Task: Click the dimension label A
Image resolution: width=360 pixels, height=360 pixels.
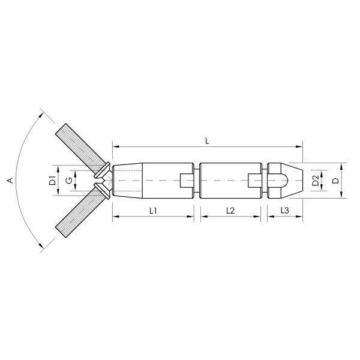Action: point(8,179)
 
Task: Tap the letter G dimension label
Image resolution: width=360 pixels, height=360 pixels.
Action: point(70,180)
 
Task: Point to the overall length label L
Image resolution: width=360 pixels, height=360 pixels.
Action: point(207,140)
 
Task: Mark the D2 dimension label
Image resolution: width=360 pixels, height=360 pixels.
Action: point(316,179)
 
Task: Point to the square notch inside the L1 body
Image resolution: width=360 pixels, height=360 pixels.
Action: point(187,179)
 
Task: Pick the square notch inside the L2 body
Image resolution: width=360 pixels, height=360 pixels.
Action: point(256,179)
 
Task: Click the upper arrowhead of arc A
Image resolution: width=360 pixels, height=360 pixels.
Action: point(41,112)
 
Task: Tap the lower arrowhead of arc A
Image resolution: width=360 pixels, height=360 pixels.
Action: point(41,247)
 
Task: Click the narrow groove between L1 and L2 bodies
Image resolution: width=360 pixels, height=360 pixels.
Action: point(197,179)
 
